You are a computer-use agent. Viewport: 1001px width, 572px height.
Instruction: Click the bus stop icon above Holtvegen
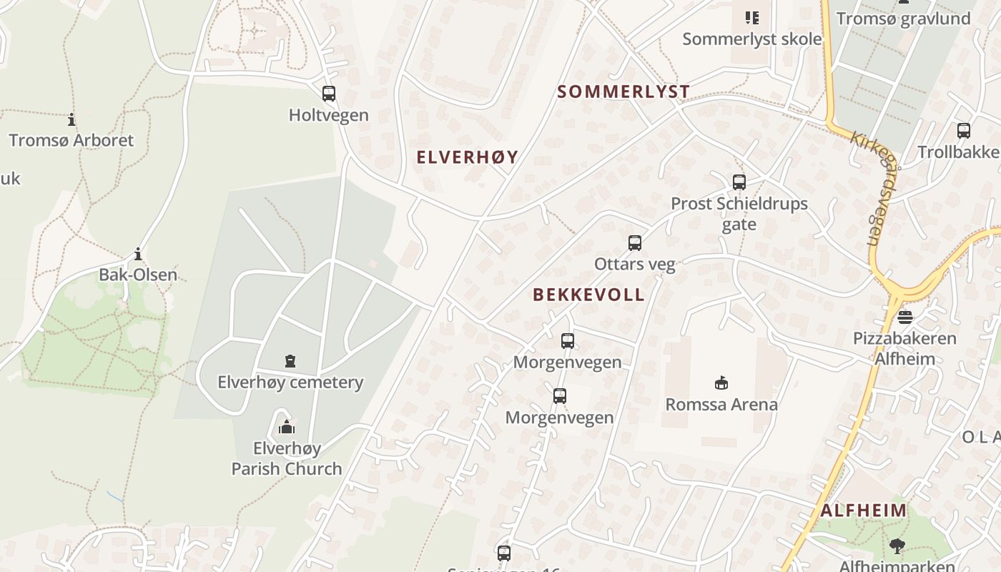point(329,94)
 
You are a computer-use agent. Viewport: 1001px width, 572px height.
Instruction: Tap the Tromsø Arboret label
point(71,140)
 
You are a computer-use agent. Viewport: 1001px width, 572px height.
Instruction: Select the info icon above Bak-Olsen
point(138,254)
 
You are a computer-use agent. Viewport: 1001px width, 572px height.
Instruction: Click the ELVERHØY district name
point(468,157)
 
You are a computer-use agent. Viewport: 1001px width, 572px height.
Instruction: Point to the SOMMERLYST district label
point(623,92)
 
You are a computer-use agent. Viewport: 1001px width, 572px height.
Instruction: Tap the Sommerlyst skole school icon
point(751,17)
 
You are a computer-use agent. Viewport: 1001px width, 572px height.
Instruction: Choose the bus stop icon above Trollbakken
point(964,131)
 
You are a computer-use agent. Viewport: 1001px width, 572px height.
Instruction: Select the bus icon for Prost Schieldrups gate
point(739,182)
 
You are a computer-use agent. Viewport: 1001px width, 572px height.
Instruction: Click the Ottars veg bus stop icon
point(635,243)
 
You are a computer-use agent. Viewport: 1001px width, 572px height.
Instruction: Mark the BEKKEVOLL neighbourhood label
point(588,295)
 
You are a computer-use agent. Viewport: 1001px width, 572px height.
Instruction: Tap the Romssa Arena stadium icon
point(721,383)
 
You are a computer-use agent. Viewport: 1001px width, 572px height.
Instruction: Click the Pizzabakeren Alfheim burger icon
point(905,317)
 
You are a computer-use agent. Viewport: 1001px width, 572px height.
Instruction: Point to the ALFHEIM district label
point(864,511)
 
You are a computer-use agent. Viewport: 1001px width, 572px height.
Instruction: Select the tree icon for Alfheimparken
point(897,547)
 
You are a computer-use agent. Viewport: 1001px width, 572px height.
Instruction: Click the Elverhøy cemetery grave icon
point(290,361)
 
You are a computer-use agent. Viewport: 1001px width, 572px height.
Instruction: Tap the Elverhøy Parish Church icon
point(287,428)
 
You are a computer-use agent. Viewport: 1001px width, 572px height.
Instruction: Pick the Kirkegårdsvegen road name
point(876,187)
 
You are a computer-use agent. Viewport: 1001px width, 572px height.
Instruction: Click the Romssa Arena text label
point(721,405)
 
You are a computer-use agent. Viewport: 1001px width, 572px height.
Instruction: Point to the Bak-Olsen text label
point(138,275)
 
